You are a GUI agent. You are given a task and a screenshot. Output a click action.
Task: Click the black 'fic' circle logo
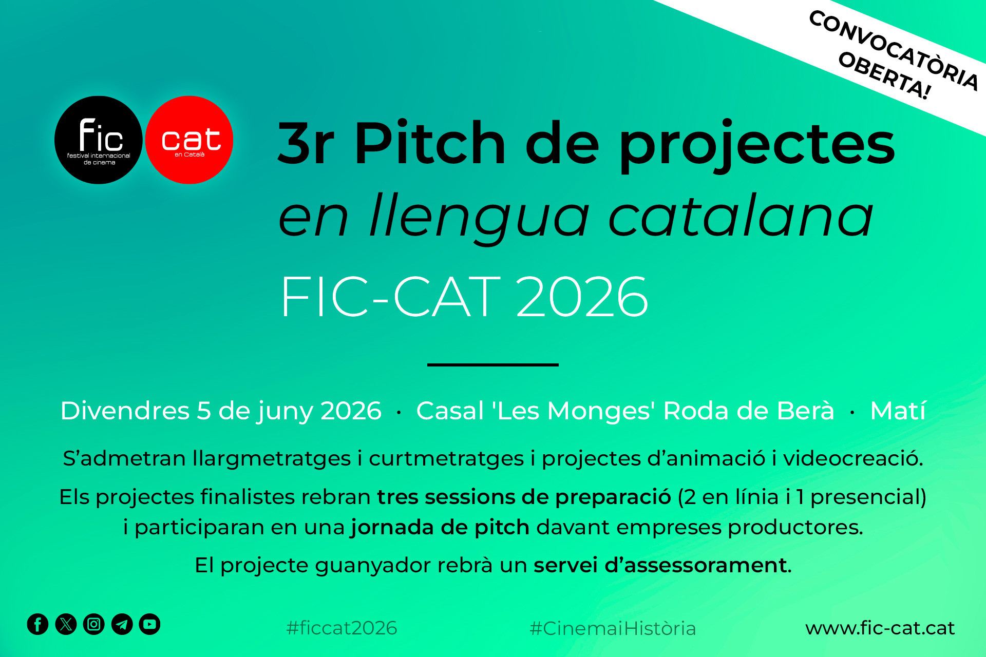99,140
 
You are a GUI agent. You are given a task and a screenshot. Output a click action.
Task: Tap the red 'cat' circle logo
189,140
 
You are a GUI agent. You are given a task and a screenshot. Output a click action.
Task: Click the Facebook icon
37,624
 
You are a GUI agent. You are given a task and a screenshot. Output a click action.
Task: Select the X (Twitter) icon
66,624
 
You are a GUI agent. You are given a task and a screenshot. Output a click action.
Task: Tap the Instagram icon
94,624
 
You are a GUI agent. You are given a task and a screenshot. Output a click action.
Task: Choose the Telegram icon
122,624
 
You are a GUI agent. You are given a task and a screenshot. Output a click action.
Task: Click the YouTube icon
150,624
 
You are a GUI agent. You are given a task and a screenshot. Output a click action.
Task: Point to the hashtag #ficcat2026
342,628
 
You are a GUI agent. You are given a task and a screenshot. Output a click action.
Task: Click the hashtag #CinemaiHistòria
612,628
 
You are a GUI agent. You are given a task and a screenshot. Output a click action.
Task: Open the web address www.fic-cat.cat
880,628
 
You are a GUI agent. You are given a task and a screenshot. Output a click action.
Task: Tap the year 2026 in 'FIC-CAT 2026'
582,297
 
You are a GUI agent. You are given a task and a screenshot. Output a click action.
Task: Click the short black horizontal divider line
492,364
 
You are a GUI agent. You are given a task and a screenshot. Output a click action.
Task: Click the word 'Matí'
898,411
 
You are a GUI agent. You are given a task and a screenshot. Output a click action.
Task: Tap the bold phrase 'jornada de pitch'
440,528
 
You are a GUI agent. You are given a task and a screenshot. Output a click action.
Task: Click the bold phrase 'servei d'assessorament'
660,565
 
